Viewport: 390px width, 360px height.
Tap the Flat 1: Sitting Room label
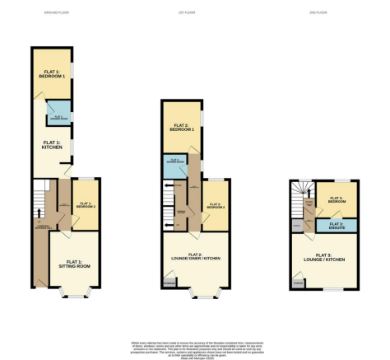(72, 264)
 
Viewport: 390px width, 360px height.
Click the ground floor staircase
(37, 205)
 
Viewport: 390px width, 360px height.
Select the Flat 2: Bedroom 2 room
(215, 206)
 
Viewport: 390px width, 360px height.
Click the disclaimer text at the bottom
(194, 347)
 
